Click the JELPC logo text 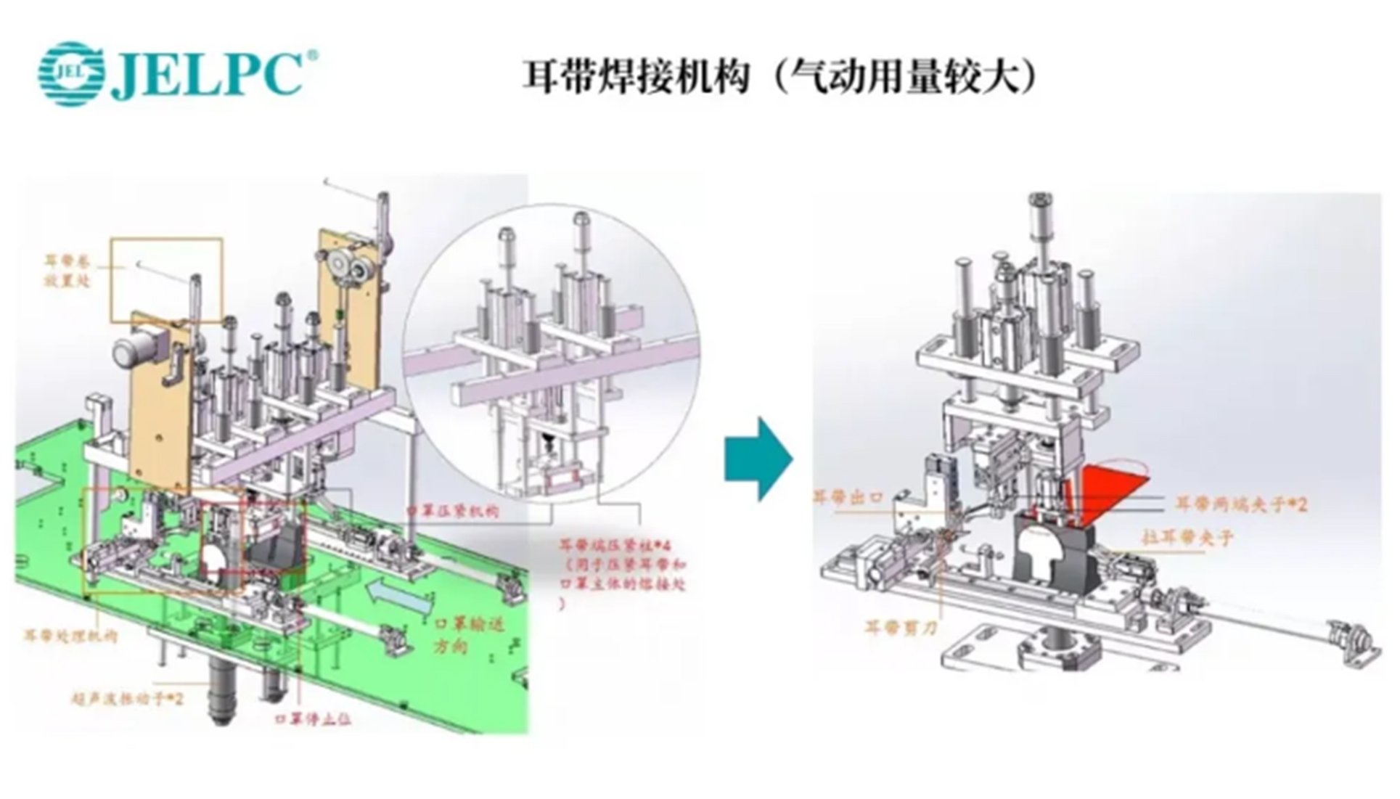click(x=207, y=74)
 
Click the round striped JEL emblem click(x=70, y=74)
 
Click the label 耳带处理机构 click(x=71, y=636)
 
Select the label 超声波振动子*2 click(x=127, y=699)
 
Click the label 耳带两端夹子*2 click(x=1240, y=504)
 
